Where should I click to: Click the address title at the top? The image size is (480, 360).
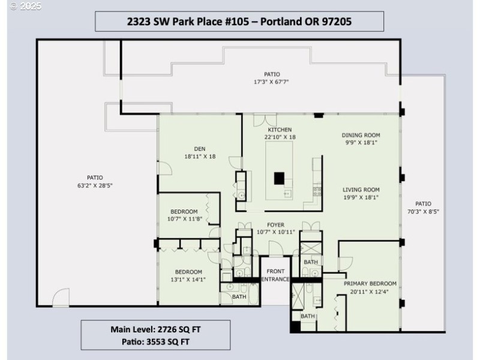tap(239, 22)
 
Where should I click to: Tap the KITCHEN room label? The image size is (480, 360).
tap(280, 130)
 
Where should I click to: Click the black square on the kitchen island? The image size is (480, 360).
tap(279, 178)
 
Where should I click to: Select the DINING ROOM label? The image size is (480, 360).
tap(361, 136)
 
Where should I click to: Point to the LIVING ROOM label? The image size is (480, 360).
tap(361, 190)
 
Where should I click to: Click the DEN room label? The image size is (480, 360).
tap(200, 149)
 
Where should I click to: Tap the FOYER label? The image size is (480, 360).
tap(275, 225)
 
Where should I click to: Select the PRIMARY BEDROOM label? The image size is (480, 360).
tap(370, 284)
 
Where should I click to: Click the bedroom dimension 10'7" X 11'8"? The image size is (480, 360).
tap(184, 219)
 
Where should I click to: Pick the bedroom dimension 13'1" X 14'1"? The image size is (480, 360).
tap(188, 280)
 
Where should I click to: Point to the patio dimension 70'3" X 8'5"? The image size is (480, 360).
tap(423, 211)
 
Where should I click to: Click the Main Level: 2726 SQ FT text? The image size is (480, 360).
tap(155, 329)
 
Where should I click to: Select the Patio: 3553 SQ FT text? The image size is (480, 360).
tap(155, 342)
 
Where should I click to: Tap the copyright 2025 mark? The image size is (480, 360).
tap(19, 7)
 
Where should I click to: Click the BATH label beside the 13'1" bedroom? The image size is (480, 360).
tap(239, 296)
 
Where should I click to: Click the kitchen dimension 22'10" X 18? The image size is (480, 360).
tap(280, 137)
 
